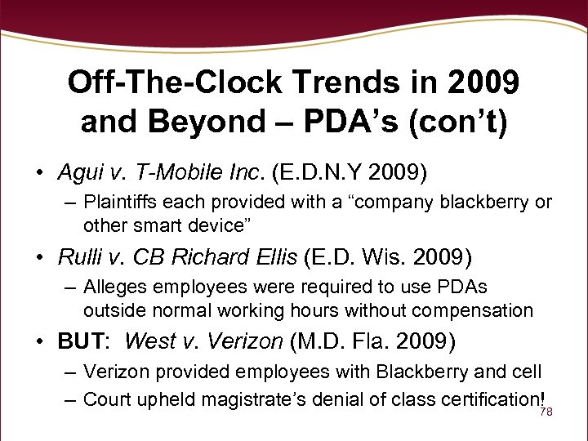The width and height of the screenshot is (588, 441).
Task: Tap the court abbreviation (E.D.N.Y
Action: [318, 173]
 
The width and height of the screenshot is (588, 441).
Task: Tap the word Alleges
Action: [114, 287]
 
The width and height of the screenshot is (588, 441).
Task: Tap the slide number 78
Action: [547, 413]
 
